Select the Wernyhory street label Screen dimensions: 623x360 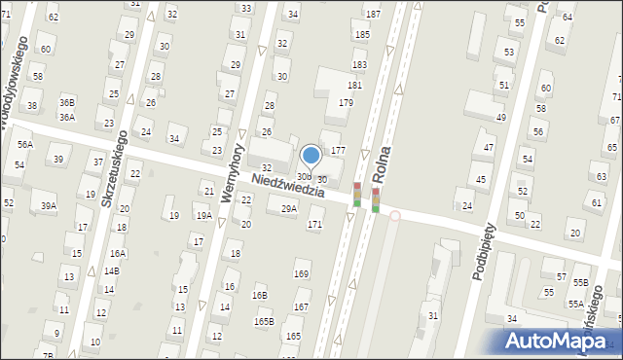click(230, 173)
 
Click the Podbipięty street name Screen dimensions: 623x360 click(485, 251)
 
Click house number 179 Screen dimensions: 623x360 click(346, 102)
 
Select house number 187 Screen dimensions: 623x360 click(373, 15)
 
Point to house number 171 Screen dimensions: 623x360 click(314, 225)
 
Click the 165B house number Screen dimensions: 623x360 click(264, 321)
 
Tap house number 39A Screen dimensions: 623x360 click(49, 205)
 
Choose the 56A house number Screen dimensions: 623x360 click(24, 144)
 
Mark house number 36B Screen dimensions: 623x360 click(66, 102)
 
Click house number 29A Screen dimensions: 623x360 click(289, 208)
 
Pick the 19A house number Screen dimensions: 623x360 click(203, 216)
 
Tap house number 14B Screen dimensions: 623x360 click(112, 270)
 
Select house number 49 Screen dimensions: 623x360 click(501, 118)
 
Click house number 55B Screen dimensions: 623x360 click(581, 282)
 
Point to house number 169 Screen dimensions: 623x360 click(302, 274)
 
